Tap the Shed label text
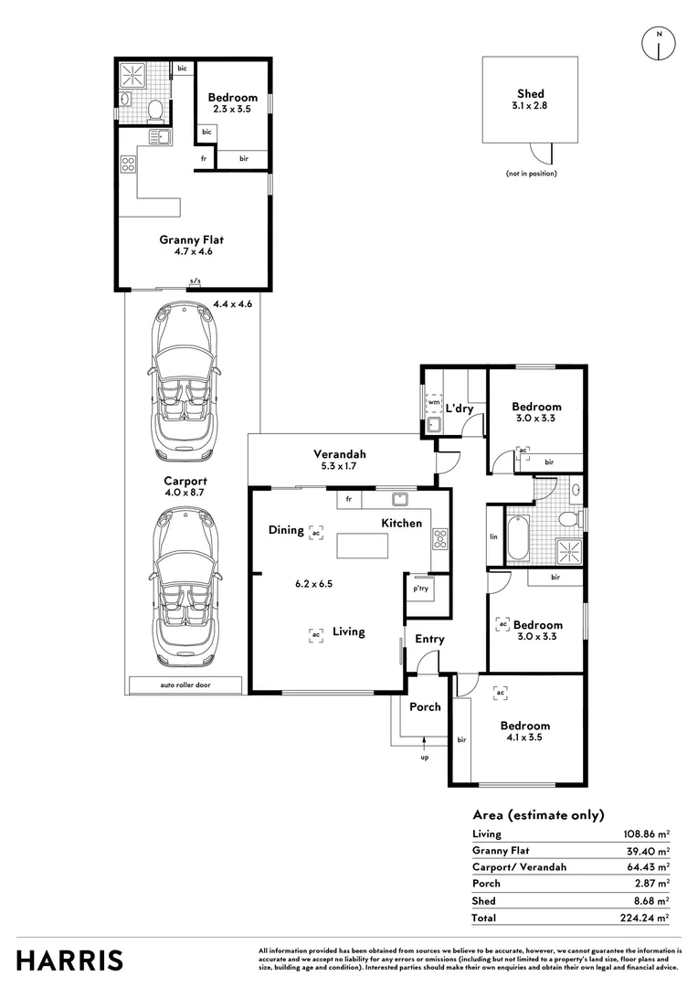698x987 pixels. click(x=531, y=94)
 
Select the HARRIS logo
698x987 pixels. click(x=69, y=960)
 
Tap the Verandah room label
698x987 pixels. click(x=340, y=454)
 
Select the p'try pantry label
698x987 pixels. click(x=420, y=589)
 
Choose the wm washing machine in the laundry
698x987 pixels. click(x=434, y=401)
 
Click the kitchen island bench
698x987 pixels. click(x=362, y=546)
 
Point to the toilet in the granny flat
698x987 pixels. click(x=155, y=110)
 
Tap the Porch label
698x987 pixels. click(x=425, y=706)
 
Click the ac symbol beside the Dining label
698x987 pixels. click(x=317, y=531)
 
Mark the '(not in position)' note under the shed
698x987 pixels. click(x=531, y=174)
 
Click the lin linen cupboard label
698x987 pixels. click(x=493, y=536)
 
